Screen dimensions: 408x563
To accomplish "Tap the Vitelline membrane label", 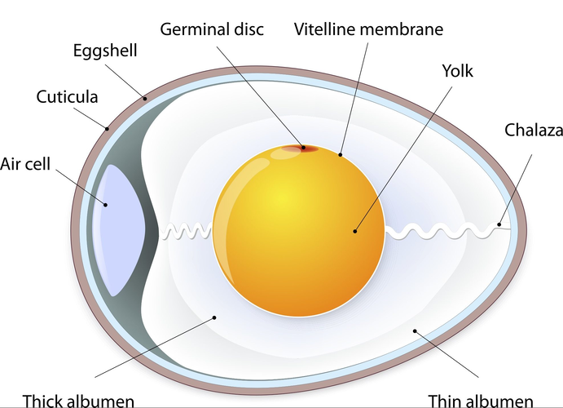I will pyautogui.click(x=368, y=30).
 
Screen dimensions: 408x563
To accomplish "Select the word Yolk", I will pyautogui.click(x=457, y=72).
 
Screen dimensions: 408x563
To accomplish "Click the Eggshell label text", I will pyautogui.click(x=105, y=51).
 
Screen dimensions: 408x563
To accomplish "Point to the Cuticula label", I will pyautogui.click(x=68, y=97).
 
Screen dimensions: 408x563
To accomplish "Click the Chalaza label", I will pyautogui.click(x=532, y=130).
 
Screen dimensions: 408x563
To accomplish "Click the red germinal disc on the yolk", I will pyautogui.click(x=303, y=149).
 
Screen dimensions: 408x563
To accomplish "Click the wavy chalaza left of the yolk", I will pyautogui.click(x=187, y=232).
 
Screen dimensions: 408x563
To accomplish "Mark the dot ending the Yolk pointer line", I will pyautogui.click(x=355, y=231).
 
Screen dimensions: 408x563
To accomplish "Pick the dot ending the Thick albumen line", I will pyautogui.click(x=214, y=317).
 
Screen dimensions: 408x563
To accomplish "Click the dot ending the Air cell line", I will pyautogui.click(x=104, y=204).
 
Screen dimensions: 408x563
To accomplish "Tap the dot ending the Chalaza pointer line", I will pyautogui.click(x=499, y=224).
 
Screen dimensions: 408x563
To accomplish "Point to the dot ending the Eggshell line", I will pyautogui.click(x=147, y=98).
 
